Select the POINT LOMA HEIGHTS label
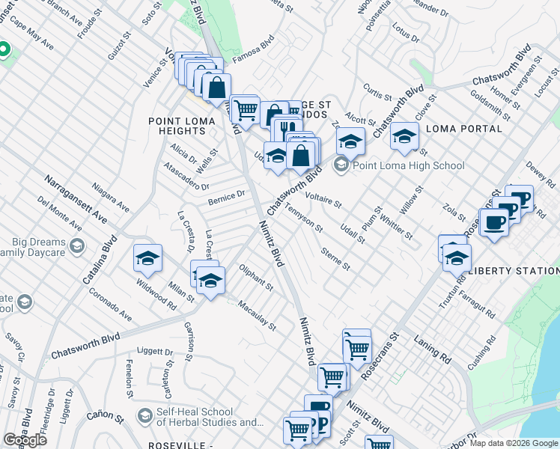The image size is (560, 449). pos(177,125)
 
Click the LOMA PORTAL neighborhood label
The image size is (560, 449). pos(463,129)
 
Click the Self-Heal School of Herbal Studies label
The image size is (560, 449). pos(194,418)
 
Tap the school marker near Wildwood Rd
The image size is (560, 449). pos(147,259)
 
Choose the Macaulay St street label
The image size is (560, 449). pos(257,316)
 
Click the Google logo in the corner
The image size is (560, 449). pos(25,440)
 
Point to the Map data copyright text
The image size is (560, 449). pos(514,443)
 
